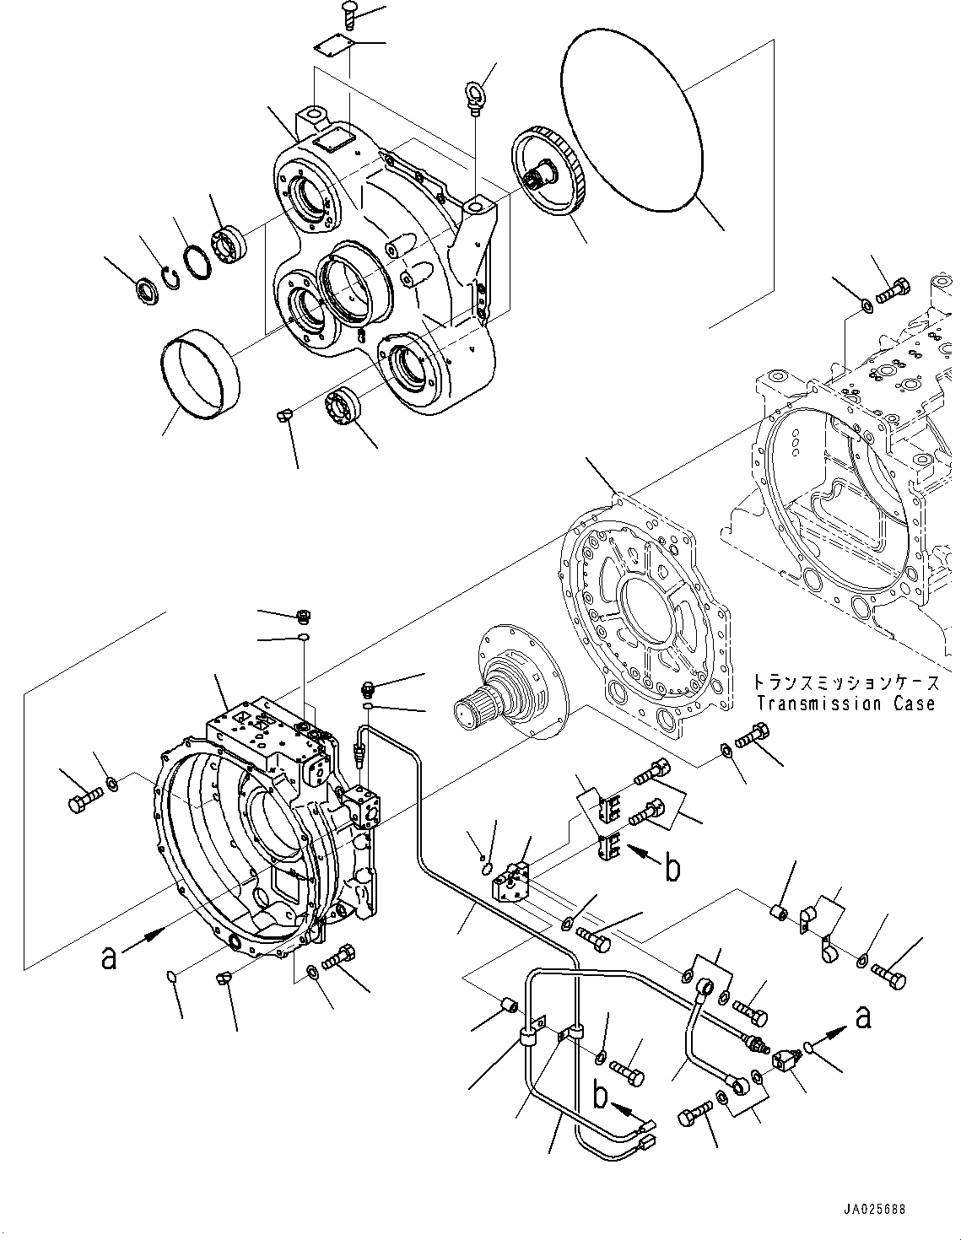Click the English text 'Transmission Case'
pos(845,704)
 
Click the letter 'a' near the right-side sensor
pos(861,1018)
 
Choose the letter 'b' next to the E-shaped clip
pos(672,869)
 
